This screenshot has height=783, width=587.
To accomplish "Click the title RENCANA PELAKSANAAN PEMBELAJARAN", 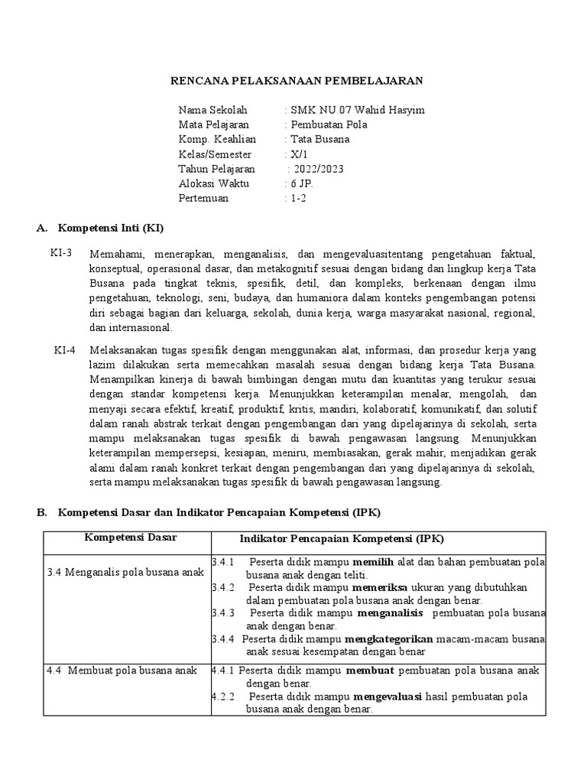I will click(x=295, y=80).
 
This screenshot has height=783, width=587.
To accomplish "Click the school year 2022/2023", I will click(x=316, y=169).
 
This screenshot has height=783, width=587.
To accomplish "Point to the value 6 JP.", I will click(x=299, y=184).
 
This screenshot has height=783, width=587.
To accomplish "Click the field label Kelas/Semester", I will click(x=216, y=154).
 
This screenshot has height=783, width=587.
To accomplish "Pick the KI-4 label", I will click(x=64, y=349).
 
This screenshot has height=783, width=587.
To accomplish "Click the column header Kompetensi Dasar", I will click(x=130, y=538).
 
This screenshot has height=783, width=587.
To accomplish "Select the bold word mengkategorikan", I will click(x=389, y=638).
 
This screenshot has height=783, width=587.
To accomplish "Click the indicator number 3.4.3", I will click(x=223, y=612).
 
